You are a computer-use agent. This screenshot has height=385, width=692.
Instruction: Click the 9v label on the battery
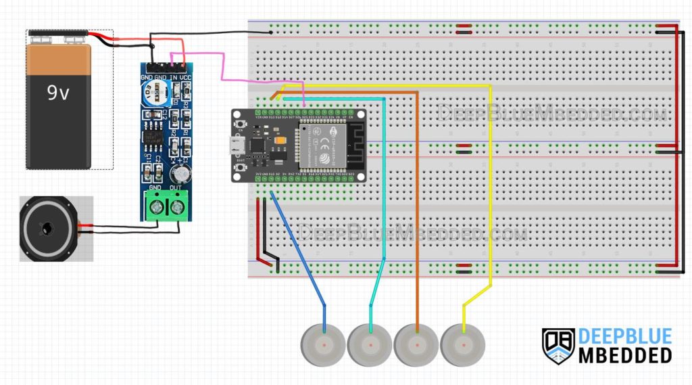click(57, 93)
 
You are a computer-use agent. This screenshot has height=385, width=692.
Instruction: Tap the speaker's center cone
click(47, 229)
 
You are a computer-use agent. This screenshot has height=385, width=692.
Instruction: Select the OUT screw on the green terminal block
click(178, 204)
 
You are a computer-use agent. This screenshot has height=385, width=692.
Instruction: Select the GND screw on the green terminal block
click(156, 204)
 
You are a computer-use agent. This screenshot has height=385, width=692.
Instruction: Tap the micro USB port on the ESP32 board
click(237, 145)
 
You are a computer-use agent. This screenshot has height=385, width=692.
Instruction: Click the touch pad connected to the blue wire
click(324, 344)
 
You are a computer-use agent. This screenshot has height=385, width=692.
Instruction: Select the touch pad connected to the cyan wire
click(370, 344)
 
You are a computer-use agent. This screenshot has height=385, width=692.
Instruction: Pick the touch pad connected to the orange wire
click(416, 344)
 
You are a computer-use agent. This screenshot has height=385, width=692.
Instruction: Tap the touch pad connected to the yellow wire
click(463, 344)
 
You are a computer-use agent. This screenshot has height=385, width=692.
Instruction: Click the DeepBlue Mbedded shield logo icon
click(558, 345)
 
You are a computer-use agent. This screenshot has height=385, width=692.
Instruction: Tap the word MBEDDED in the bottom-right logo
click(625, 354)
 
